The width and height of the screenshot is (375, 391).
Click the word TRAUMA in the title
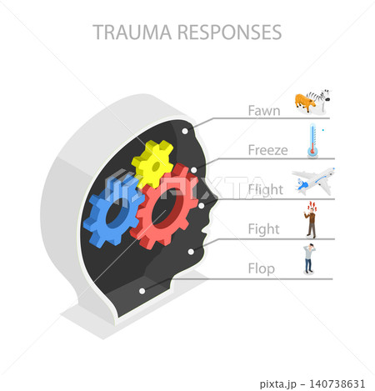[132, 33]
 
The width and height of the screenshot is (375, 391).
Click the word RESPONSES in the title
[230, 33]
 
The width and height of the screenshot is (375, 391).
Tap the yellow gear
[152, 163]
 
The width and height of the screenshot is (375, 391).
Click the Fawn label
[264, 111]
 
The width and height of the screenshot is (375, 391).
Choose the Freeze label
[267, 150]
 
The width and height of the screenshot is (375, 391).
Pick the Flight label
[266, 190]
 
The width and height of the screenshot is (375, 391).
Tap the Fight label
[263, 229]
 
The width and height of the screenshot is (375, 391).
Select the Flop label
[262, 269]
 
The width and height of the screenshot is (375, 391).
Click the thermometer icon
[312, 140]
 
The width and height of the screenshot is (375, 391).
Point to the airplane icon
[313, 181]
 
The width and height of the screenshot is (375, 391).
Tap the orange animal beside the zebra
[305, 103]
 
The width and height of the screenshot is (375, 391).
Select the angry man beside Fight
[312, 220]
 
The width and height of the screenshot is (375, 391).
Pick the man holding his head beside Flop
[309, 258]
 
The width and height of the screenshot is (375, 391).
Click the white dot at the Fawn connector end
[185, 131]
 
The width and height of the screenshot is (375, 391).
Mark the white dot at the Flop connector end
[142, 291]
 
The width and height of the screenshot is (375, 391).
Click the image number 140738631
[337, 384]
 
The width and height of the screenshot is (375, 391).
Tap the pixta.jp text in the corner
[278, 384]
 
